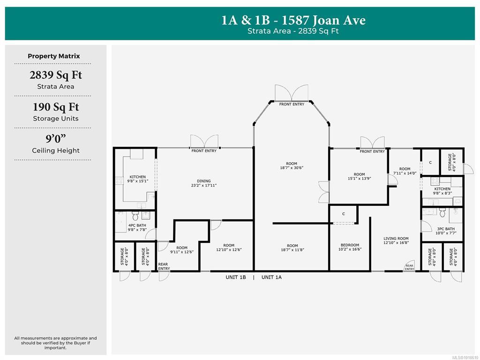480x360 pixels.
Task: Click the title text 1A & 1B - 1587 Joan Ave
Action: coord(293,20)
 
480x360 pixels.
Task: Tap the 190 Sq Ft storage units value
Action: coord(56,107)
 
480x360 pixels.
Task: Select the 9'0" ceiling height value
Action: coord(56,139)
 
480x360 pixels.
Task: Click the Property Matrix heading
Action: coord(54,56)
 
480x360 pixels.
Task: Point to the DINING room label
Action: coord(204,181)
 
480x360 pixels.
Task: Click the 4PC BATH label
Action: coord(137,225)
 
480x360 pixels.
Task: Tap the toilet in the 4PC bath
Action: coord(135,215)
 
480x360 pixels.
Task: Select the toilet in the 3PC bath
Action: coord(442,212)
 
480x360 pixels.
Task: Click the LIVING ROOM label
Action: coord(396,239)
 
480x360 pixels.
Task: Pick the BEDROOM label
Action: coord(350,245)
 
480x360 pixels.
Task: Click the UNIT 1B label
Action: coord(236,277)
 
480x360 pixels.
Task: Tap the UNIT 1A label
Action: coord(271,277)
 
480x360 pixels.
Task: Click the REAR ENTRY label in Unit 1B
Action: coord(164,266)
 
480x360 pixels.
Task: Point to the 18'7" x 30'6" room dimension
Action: coord(292,168)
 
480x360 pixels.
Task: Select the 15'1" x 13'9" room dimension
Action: coord(360,179)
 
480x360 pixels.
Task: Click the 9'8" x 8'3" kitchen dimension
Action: coord(442,193)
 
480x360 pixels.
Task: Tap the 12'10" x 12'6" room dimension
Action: coord(229,249)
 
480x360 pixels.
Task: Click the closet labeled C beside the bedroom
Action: coord(344,214)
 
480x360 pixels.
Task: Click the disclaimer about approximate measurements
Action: coord(55,343)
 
